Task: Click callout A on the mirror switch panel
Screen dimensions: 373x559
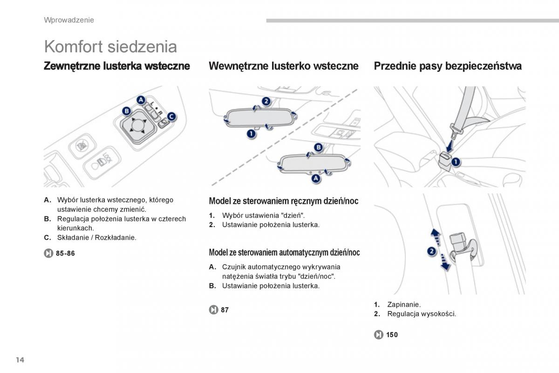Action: tap(141, 99)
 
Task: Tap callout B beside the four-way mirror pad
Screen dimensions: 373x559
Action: tap(126, 111)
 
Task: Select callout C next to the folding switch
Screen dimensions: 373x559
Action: tap(171, 117)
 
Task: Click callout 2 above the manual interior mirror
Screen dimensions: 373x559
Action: tap(266, 101)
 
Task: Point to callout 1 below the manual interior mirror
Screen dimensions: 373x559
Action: tap(251, 134)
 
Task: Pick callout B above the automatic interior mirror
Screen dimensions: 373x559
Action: tap(318, 147)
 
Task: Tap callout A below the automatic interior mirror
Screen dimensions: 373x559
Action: tap(316, 178)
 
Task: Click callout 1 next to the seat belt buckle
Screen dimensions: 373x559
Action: tap(455, 162)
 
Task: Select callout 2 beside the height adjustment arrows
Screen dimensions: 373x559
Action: tap(431, 251)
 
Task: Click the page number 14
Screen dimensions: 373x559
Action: tap(19, 359)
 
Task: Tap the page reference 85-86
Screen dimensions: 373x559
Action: tap(65, 253)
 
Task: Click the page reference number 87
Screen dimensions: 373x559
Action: tap(225, 310)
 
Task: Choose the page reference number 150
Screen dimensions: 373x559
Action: tap(392, 334)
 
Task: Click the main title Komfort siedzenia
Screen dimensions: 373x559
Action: tap(110, 47)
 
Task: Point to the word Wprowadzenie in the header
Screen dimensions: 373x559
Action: tap(69, 20)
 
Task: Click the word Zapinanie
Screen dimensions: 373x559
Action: tap(403, 304)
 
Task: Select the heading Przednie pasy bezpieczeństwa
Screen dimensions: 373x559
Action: tap(447, 66)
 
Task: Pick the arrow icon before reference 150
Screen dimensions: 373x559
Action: tap(378, 334)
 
